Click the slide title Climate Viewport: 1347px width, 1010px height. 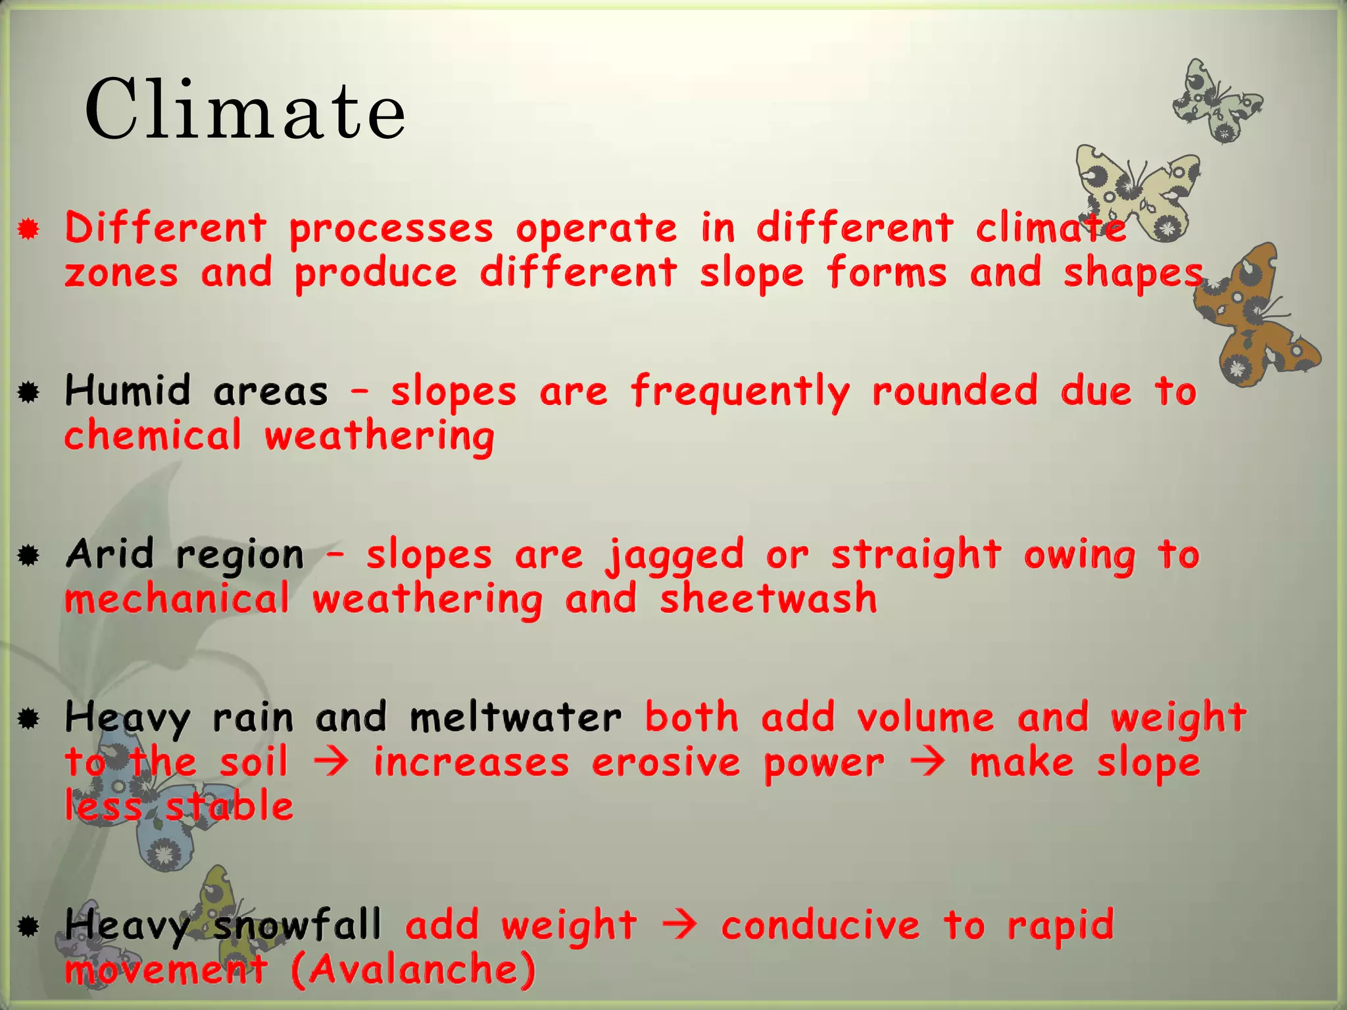click(245, 110)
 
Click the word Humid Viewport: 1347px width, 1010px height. click(128, 391)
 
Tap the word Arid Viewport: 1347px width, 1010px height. click(110, 554)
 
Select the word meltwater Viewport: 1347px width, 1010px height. click(516, 717)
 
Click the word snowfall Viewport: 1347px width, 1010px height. click(297, 925)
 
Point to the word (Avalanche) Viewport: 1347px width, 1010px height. click(413, 969)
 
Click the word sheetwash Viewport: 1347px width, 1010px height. click(768, 598)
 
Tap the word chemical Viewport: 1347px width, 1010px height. click(153, 435)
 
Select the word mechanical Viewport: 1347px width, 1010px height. click(177, 598)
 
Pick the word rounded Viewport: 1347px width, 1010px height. click(955, 391)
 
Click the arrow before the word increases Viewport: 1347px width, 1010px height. click(331, 763)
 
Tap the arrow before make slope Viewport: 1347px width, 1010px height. click(927, 763)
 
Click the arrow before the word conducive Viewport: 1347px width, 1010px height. click(679, 925)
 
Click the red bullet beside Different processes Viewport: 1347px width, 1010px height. click(28, 229)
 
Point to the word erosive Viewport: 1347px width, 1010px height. click(666, 763)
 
